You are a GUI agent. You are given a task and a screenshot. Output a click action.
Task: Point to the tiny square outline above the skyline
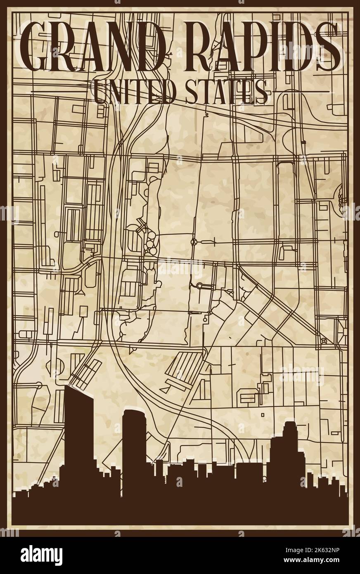262,413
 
